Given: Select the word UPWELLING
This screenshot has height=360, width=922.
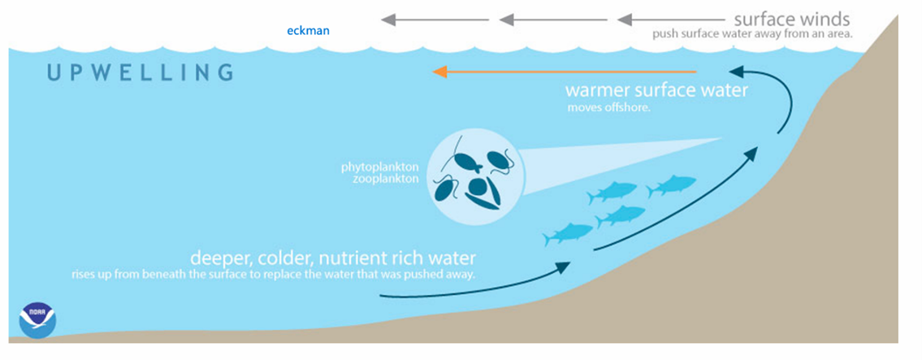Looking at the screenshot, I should [x=140, y=72].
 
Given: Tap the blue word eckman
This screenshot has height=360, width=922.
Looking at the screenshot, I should [x=309, y=31].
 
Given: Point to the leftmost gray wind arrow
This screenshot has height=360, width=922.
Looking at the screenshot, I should [x=435, y=20].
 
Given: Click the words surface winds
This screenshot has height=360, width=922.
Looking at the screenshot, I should [x=791, y=19].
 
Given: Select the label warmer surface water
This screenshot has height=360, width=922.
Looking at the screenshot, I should [x=656, y=89].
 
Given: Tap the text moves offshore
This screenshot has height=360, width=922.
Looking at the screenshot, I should [x=608, y=107].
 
